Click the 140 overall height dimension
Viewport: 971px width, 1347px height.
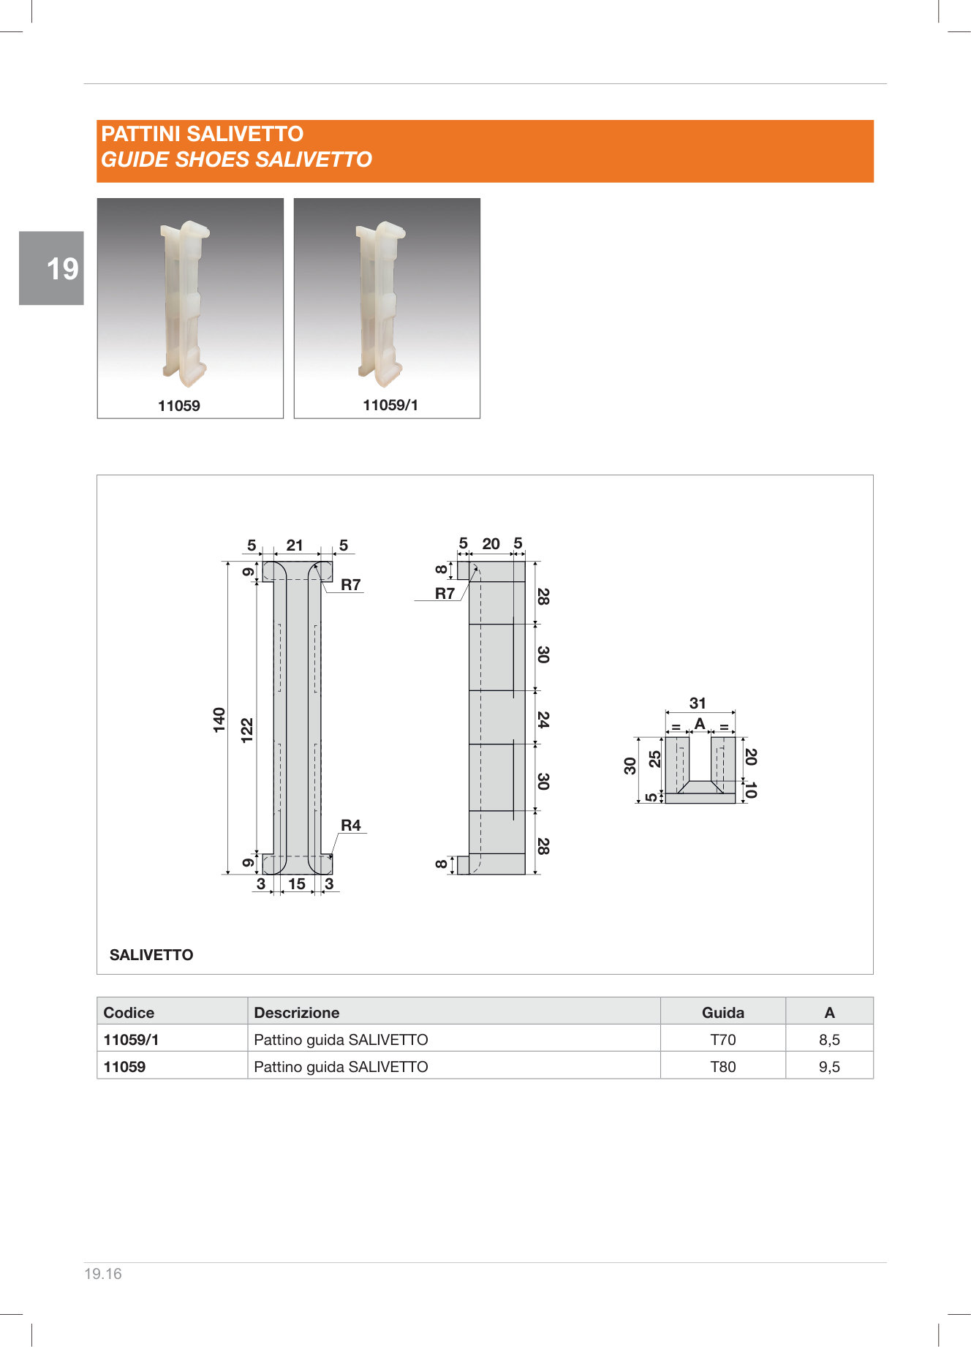[x=219, y=720]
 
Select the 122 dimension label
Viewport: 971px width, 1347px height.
[x=247, y=731]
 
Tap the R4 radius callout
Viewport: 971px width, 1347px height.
[x=351, y=825]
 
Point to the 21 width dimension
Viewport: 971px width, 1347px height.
[x=295, y=545]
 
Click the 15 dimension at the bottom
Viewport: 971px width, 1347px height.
[x=296, y=883]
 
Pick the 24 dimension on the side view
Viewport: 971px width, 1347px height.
[x=543, y=719]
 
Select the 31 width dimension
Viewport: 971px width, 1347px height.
[x=698, y=703]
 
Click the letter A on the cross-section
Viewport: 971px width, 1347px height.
[x=700, y=724]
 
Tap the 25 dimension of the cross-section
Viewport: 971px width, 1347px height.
[x=655, y=758]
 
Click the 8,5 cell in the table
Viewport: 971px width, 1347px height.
[x=829, y=1039]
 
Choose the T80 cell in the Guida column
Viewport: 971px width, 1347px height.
[x=723, y=1066]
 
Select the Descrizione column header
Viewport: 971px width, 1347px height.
[x=296, y=1012]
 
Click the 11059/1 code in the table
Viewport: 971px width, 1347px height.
[x=131, y=1039]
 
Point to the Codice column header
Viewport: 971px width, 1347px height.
[x=129, y=1012]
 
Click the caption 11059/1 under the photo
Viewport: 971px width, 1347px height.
[x=390, y=405]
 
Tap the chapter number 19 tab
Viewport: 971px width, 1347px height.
[x=62, y=269]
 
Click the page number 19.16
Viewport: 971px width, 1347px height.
[x=103, y=1273]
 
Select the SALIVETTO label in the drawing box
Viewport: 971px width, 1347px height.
[x=151, y=954]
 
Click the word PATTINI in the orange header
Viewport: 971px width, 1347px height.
[x=141, y=134]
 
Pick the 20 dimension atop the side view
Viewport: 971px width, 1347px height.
[x=491, y=543]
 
